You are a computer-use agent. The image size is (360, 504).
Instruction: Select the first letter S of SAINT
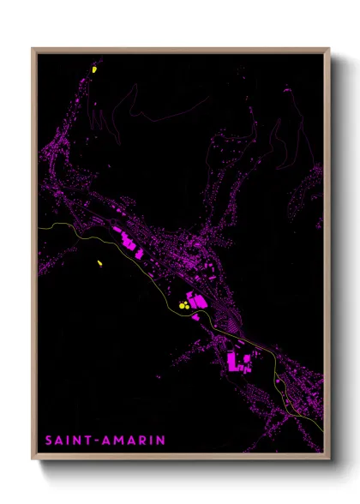click(49, 441)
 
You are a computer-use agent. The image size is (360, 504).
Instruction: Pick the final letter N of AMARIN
click(160, 441)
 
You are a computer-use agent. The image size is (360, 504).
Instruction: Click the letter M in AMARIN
click(119, 441)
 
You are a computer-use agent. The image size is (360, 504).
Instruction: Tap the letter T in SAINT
click(87, 441)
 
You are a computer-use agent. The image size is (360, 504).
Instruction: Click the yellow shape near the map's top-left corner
click(95, 69)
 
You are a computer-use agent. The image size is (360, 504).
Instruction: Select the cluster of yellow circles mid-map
click(183, 303)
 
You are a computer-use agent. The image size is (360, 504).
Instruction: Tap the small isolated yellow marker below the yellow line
click(100, 262)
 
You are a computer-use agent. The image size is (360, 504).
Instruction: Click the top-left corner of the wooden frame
click(33, 49)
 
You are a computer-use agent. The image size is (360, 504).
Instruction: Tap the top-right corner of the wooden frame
click(329, 49)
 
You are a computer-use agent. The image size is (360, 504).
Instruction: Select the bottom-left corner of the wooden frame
click(33, 459)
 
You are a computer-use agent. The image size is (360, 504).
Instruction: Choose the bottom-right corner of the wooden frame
click(329, 459)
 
